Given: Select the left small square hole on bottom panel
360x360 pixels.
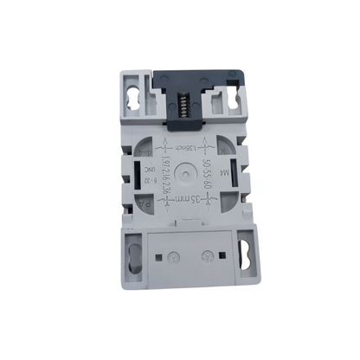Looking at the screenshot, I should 158,258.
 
